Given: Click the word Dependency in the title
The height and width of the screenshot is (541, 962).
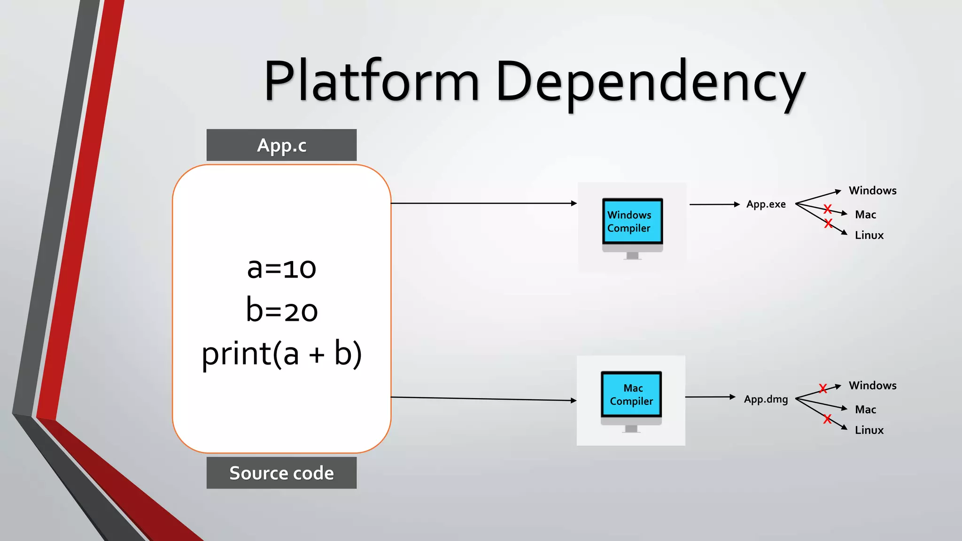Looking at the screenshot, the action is point(651,84).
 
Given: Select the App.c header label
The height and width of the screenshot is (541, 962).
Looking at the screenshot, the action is point(281,145).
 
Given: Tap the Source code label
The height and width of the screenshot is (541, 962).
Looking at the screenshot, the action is point(281,473).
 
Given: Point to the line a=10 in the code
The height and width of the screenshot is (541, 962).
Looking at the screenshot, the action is point(282,268).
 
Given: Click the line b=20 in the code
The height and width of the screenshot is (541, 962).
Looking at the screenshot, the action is point(282,310).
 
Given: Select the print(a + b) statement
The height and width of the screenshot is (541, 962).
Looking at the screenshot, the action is point(282,354).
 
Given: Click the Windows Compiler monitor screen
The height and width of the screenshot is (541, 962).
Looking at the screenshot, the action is point(632,221).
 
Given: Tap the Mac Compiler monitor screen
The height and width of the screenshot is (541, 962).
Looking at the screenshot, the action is point(631,394).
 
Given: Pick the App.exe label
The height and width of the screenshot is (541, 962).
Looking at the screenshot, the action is point(766,204).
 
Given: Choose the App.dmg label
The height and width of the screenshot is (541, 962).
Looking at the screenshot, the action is point(766,399).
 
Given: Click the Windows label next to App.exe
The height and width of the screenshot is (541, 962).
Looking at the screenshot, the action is point(873,191).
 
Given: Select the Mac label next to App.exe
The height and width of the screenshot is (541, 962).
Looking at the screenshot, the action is point(866,215).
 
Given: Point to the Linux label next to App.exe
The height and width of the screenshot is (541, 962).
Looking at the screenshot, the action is point(869,235).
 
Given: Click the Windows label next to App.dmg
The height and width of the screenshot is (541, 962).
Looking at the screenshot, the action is point(873,386).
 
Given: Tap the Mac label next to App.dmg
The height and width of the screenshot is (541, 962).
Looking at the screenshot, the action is point(866,410).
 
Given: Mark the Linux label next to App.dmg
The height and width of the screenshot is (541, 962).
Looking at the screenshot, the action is point(869,430).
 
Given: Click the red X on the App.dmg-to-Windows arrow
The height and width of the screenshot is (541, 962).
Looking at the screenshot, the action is point(823,388).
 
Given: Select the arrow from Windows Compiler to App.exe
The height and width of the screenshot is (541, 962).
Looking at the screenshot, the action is point(714,204).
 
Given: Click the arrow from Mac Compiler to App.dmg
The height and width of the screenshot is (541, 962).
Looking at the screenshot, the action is point(710,397).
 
